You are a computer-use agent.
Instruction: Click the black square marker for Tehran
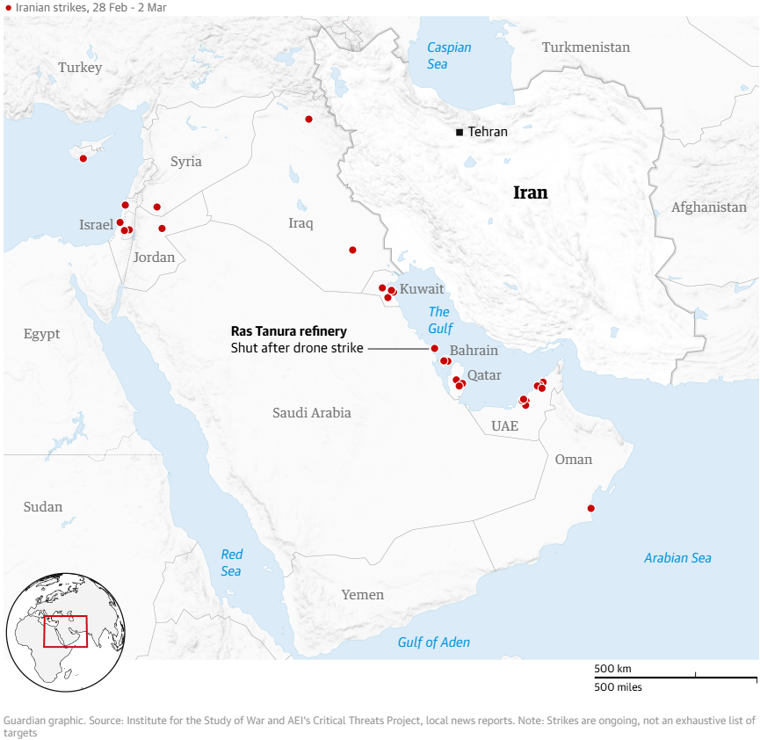coord(460,133)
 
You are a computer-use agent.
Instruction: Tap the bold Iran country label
coord(530,192)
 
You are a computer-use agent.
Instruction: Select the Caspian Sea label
coord(449,55)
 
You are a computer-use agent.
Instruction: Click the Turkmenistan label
coord(586,47)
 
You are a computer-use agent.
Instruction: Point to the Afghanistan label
coord(708,207)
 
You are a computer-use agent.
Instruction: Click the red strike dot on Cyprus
coord(83,159)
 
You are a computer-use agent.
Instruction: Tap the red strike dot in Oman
coord(590,508)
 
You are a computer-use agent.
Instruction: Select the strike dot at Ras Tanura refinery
coord(434,348)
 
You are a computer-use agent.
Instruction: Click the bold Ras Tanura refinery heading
coord(288,331)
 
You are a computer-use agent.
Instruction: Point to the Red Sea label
coord(231,562)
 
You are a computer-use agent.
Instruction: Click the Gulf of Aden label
coord(433,642)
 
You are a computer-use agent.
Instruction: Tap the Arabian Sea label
coord(677,558)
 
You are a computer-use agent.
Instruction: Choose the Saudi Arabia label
coord(311,413)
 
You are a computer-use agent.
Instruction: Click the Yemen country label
coord(363,595)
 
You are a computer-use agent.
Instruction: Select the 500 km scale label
coord(612,669)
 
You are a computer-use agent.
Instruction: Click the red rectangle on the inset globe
coord(65,631)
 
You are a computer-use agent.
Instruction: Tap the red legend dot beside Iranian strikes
coord(9,7)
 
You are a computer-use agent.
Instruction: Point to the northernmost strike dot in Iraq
coord(308,119)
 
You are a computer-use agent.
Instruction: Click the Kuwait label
coord(422,289)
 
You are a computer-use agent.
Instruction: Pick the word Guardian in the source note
coord(27,720)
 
